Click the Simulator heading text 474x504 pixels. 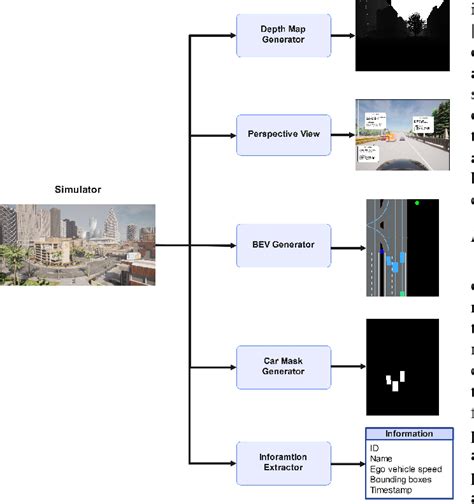[78, 188]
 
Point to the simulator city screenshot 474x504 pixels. [78, 244]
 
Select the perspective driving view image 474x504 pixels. [404, 133]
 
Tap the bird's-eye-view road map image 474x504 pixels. [403, 248]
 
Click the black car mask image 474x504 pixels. [402, 367]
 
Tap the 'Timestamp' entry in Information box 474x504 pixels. [392, 492]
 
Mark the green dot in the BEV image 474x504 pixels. [417, 204]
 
